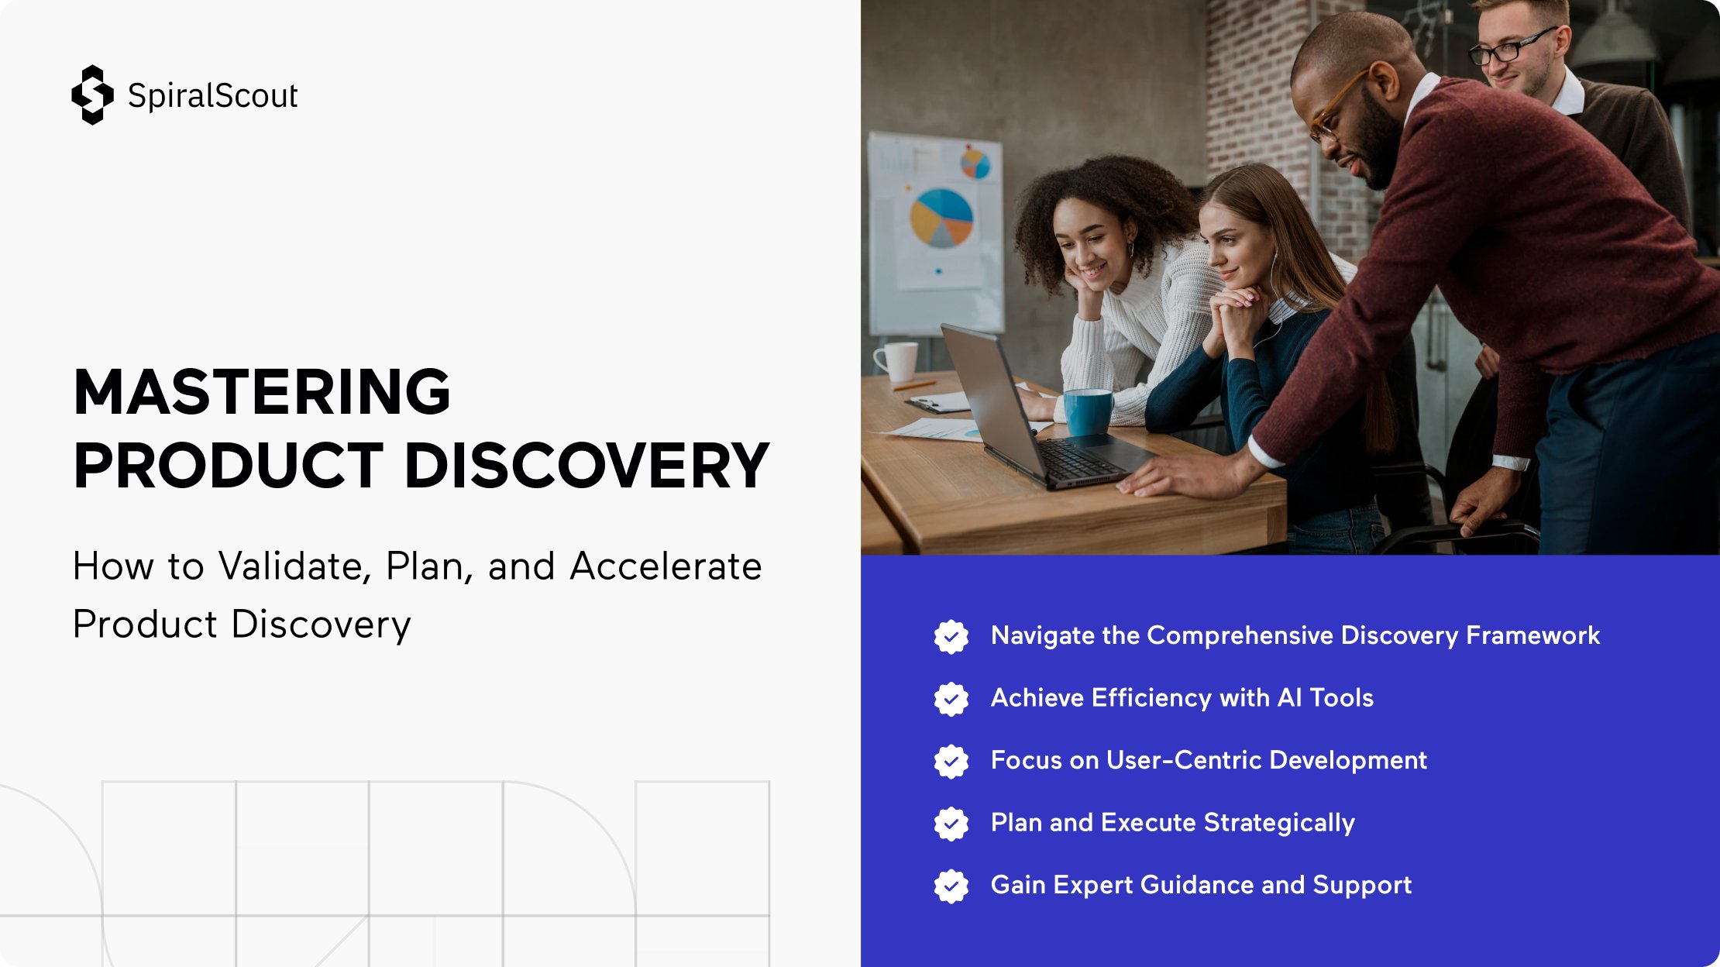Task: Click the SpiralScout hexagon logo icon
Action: click(x=92, y=95)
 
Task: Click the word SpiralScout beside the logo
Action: click(x=213, y=95)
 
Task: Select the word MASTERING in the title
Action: click(x=262, y=391)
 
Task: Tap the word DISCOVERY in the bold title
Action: click(x=587, y=466)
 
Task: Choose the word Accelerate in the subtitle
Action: click(x=666, y=566)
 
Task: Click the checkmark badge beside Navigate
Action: click(x=951, y=637)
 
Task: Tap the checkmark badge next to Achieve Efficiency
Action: click(x=951, y=699)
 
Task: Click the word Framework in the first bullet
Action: click(x=1533, y=635)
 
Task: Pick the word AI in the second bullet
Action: click(x=1289, y=697)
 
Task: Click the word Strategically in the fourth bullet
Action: click(x=1279, y=823)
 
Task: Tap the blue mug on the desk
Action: click(x=1089, y=412)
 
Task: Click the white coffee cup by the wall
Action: click(x=896, y=361)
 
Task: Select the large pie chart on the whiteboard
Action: click(x=941, y=218)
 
